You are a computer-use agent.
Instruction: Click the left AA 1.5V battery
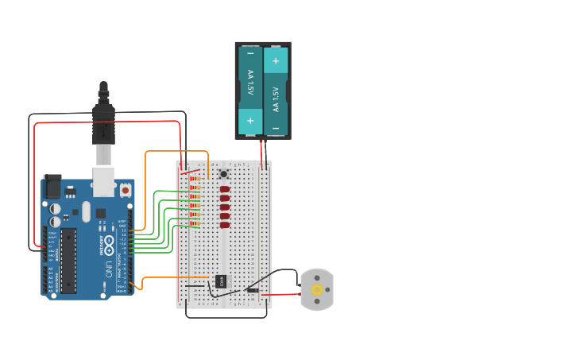click(250, 83)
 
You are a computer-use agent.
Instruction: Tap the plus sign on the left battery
click(250, 121)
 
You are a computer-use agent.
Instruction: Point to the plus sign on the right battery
click(276, 60)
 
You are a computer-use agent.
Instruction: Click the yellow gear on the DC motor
click(317, 289)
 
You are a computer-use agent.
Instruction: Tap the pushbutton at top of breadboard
click(224, 174)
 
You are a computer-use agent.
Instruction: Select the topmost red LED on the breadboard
click(225, 189)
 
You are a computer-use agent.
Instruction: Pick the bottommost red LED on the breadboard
click(225, 225)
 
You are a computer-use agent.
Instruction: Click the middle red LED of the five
click(225, 207)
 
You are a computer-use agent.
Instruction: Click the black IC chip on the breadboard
click(221, 281)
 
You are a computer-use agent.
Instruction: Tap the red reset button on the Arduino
click(126, 191)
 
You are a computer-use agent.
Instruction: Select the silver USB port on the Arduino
click(103, 182)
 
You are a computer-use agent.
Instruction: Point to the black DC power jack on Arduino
click(52, 186)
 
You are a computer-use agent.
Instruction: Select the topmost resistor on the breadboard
click(194, 180)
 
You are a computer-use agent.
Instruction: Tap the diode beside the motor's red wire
click(252, 290)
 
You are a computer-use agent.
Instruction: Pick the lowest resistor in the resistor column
click(194, 225)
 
